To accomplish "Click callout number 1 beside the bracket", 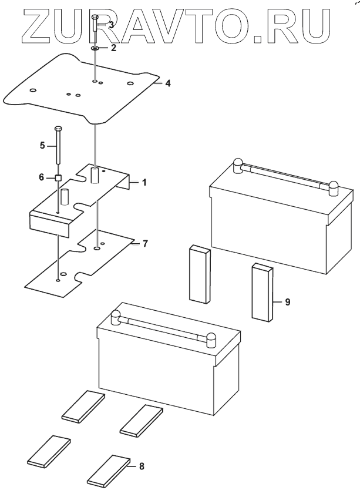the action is point(144,183).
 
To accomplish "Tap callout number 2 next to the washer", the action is point(113,48).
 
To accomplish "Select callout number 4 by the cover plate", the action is point(168,83).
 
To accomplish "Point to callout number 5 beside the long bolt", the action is point(42,146).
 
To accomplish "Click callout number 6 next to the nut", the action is point(42,177).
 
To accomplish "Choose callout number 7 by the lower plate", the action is point(144,244).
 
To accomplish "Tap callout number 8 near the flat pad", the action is point(142,466).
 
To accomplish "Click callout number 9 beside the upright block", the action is point(287,302).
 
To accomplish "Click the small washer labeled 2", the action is point(95,48).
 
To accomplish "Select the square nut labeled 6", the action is point(58,178).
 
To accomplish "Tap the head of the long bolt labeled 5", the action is point(58,129).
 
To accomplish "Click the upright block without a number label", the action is point(200,274).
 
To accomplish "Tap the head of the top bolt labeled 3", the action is point(95,17).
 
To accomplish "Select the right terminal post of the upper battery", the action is point(334,189).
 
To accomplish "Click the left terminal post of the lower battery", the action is point(115,318).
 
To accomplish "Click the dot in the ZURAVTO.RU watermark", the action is point(259,39).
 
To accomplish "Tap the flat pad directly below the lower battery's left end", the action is point(83,407).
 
